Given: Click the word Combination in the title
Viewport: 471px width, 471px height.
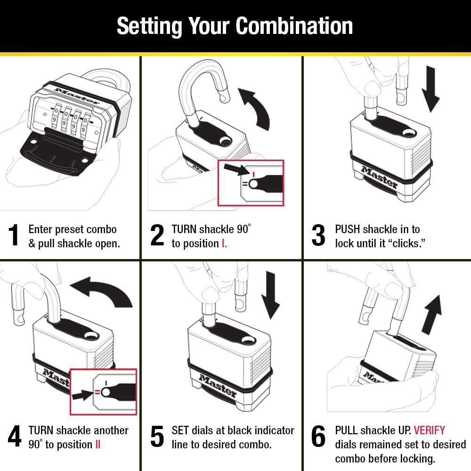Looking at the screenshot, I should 294,26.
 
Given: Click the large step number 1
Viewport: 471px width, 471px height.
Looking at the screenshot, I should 14,235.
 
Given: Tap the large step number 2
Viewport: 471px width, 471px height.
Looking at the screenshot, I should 157,235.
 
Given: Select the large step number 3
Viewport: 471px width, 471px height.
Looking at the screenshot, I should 318,235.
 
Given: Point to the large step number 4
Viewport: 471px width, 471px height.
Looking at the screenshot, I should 14,437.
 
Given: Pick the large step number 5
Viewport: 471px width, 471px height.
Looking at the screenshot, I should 157,437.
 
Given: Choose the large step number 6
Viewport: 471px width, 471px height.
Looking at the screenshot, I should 318,437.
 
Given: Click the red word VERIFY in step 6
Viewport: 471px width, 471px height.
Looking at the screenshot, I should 429,430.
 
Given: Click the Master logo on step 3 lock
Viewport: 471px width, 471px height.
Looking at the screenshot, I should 379,177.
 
